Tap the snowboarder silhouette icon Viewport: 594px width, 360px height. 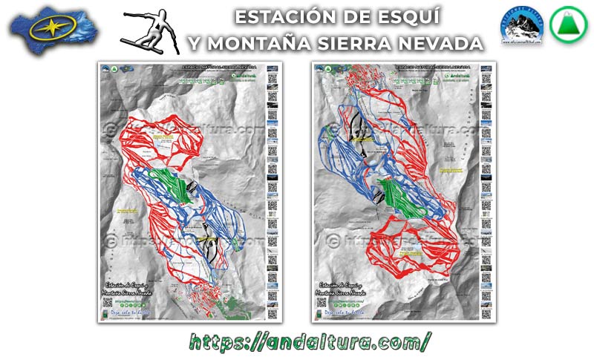[x=151, y=31]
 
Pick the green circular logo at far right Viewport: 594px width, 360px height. [x=565, y=27]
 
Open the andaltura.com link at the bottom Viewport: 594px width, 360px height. [x=310, y=341]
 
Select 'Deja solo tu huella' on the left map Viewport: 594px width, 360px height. [x=129, y=312]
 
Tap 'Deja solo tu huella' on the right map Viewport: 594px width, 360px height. [x=342, y=312]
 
